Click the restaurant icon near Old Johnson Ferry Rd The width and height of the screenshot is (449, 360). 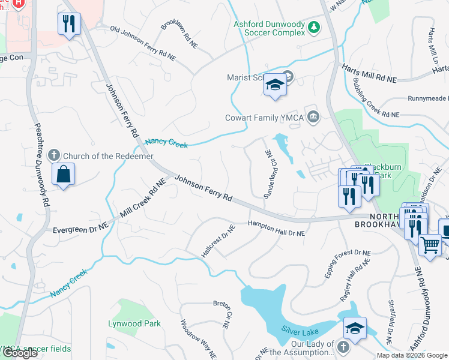[x=69, y=24]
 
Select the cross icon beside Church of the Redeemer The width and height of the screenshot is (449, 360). [x=54, y=155]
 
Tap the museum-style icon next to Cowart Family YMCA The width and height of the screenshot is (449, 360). [x=312, y=116]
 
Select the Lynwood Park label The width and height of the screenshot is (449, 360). [x=136, y=323]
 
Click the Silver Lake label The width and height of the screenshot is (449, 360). [x=301, y=329]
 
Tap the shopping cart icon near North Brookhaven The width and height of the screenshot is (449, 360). [x=430, y=245]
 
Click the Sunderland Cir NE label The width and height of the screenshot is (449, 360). [x=269, y=173]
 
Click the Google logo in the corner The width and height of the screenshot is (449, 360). [x=20, y=353]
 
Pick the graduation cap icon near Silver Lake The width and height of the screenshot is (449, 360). [x=355, y=328]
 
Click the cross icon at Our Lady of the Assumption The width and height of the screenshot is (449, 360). [x=343, y=347]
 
